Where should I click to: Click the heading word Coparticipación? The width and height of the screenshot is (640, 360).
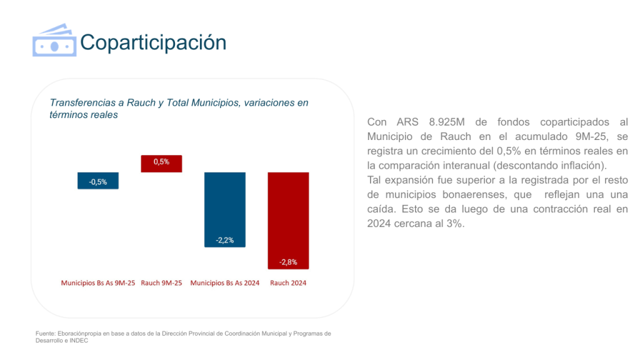[153, 42]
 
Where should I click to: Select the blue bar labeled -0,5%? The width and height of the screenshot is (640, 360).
[98, 180]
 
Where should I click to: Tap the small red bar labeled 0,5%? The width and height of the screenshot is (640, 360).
[161, 163]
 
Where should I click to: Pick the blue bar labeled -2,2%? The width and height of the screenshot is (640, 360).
[225, 209]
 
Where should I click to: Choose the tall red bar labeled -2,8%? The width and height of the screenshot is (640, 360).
[288, 220]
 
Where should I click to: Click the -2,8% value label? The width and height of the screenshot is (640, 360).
[288, 262]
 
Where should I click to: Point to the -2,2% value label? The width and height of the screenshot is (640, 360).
[225, 240]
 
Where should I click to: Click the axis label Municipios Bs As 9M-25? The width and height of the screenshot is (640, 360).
[98, 283]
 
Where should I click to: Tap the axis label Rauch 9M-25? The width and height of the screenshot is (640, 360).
[161, 283]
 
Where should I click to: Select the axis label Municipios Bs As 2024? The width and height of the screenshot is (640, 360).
[225, 283]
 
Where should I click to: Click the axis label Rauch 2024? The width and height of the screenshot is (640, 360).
[288, 283]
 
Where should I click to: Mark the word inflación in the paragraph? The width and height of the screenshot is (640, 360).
[583, 166]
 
